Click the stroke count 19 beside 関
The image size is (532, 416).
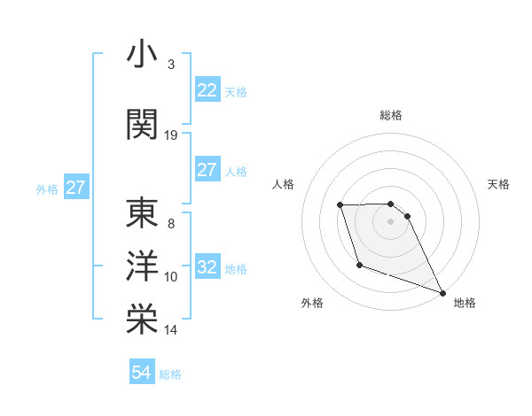coord(171,135)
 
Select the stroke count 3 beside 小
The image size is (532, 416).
coord(171,65)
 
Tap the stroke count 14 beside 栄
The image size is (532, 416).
coord(171,330)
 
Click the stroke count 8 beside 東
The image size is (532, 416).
coord(171,224)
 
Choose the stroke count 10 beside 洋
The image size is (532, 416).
coord(171,277)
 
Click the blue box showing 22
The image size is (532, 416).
coord(207,90)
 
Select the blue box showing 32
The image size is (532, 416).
coord(207,267)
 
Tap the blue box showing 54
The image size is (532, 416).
coord(142,374)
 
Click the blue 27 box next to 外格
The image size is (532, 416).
coord(75,188)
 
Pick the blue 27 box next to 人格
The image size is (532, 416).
coord(207,170)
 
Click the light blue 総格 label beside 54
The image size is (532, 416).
coord(170,374)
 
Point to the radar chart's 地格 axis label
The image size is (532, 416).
coord(465,303)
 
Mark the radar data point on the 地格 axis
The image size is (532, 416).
coord(442,292)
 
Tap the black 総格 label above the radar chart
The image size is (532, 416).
coord(391,115)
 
